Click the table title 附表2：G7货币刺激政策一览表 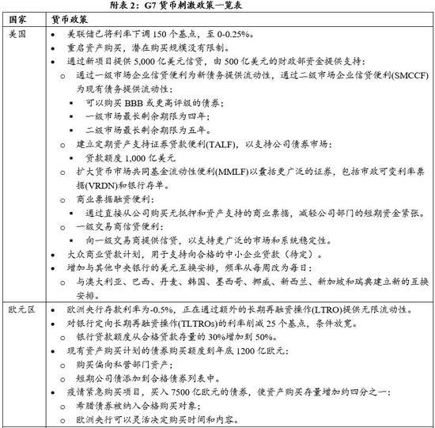[x=217, y=6]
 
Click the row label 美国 [x=19, y=36]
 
